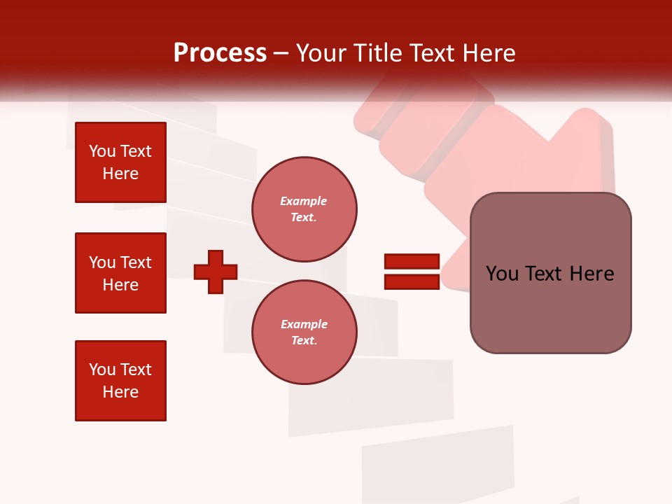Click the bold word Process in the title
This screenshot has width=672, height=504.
pyautogui.click(x=220, y=53)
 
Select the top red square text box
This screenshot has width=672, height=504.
pyautogui.click(x=120, y=162)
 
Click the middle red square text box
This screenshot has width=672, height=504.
pyautogui.click(x=120, y=273)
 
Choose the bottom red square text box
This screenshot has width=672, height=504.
pyautogui.click(x=120, y=381)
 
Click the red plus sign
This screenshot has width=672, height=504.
pyautogui.click(x=216, y=272)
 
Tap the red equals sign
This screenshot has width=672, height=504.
pyautogui.click(x=412, y=272)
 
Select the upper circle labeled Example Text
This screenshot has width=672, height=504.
pyautogui.click(x=304, y=209)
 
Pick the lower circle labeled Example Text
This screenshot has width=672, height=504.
pyautogui.click(x=304, y=332)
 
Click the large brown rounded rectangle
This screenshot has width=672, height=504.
pyautogui.click(x=550, y=273)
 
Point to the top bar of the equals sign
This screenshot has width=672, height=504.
pyautogui.click(x=412, y=262)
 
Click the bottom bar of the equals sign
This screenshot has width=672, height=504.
pyautogui.click(x=412, y=281)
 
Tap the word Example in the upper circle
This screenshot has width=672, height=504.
pyautogui.click(x=304, y=202)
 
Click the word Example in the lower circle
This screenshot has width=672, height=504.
pyautogui.click(x=304, y=325)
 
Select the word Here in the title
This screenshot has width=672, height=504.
pyautogui.click(x=489, y=53)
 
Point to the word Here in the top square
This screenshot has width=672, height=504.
pyautogui.click(x=120, y=174)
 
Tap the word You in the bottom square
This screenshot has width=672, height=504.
pyautogui.click(x=102, y=370)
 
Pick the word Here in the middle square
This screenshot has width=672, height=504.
pyautogui.click(x=120, y=285)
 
